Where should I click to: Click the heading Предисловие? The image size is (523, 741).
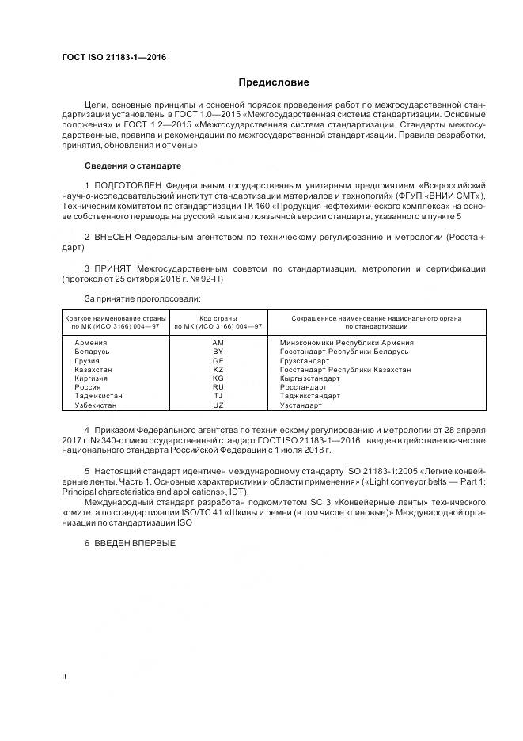tap(275, 82)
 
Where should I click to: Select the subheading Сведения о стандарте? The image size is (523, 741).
tap(132, 165)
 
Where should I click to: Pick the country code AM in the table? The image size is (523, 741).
tap(218, 342)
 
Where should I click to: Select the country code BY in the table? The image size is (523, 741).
tap(218, 351)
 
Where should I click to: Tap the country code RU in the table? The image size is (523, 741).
tap(218, 387)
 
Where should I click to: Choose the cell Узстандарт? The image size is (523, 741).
tap(301, 405)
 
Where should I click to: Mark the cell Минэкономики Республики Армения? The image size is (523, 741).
tap(347, 342)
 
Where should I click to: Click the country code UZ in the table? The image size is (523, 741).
tap(218, 405)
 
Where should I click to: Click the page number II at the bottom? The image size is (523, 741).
tap(65, 678)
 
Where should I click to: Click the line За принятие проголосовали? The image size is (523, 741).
tap(142, 298)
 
